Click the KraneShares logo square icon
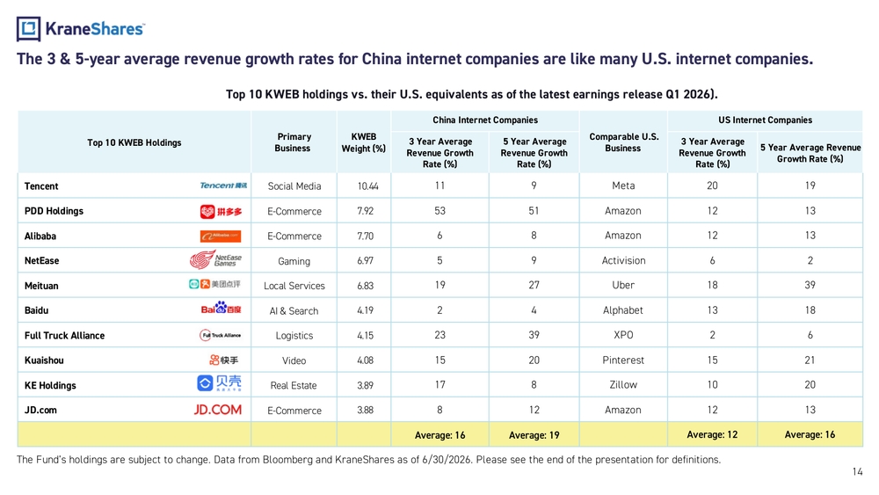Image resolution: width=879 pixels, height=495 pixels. [x=28, y=29]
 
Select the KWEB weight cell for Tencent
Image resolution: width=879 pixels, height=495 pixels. [x=367, y=186]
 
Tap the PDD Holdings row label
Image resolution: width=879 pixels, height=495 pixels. [x=54, y=211]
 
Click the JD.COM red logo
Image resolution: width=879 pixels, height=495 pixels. [x=217, y=410]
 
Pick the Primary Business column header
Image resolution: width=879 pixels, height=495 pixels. [x=294, y=142]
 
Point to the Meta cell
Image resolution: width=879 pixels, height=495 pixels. [x=623, y=186]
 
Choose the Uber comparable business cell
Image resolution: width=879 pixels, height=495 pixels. [x=623, y=285]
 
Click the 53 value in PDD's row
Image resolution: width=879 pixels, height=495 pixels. [x=439, y=211]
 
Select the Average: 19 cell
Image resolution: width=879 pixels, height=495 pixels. [x=534, y=435]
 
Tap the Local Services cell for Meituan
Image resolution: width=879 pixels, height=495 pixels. [x=294, y=286]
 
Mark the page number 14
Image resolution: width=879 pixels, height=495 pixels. [x=857, y=471]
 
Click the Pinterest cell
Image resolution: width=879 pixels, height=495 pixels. [x=623, y=360]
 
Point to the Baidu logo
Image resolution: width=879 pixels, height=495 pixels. [x=221, y=308]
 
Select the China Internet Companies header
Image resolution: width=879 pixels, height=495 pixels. [x=485, y=120]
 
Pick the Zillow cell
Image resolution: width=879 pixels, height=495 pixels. [x=623, y=384]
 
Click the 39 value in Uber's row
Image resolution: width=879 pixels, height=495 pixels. [x=810, y=285]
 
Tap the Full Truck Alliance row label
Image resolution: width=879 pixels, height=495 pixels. [x=64, y=335]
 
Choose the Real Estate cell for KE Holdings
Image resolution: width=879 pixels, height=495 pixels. [x=294, y=386]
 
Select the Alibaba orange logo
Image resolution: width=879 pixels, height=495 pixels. [x=221, y=237]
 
